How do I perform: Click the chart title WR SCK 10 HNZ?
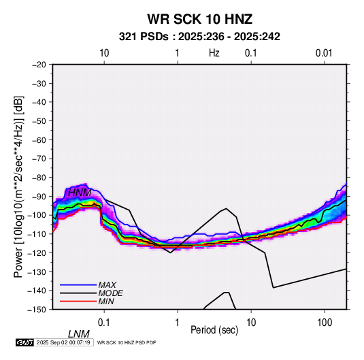pos(199,19)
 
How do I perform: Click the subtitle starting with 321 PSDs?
pos(199,37)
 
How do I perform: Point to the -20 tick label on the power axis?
pos(39,65)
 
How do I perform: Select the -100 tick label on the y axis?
pos(37,215)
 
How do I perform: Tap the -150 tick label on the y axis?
pos(37,310)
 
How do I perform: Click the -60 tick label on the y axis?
pos(39,140)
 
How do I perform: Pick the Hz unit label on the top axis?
pos(214,53)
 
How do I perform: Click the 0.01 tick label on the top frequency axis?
pos(324,53)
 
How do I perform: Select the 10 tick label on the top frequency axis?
pos(104,53)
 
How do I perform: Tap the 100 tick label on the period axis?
pos(325,323)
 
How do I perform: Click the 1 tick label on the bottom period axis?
pos(178,323)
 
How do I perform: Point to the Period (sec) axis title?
pos(214,330)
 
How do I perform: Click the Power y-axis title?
pos(18,186)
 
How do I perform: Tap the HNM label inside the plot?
pos(80,193)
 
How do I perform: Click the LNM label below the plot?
pos(79,334)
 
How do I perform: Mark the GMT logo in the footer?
pos(25,342)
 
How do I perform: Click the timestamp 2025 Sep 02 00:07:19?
pos(63,342)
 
